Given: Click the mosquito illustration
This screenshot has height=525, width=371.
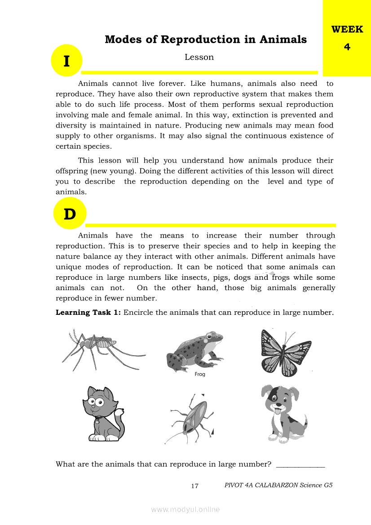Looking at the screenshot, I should point(97,348).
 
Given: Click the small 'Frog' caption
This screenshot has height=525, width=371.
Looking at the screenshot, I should point(200,374).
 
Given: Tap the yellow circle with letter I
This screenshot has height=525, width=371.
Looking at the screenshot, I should point(66,61).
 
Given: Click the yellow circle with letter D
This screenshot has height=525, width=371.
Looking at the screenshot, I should point(70,214).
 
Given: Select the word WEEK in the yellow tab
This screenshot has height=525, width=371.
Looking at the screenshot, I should point(347,30).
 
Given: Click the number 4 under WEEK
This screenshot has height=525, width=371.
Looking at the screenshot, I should point(347,47).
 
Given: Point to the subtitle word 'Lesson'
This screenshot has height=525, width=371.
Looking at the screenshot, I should point(199,57).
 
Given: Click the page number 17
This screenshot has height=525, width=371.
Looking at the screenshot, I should point(194,485).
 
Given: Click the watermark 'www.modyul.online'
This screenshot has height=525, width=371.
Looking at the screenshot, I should point(185,509).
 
